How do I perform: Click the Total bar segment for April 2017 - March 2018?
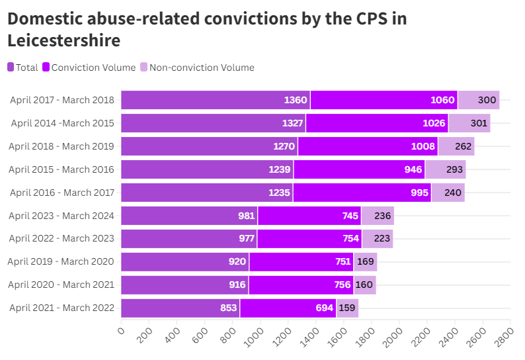[216, 100]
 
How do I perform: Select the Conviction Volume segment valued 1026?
[377, 123]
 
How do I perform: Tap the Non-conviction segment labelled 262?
[456, 146]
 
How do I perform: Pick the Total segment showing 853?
[180, 308]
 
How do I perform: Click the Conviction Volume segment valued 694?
[288, 308]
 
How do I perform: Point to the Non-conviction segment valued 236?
[378, 216]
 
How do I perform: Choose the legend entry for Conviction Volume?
[89, 67]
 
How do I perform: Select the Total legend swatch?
[11, 67]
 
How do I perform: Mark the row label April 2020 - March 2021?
[61, 285]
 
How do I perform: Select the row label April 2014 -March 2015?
[63, 123]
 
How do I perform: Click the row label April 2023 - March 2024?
[61, 215]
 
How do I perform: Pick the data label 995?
[417, 193]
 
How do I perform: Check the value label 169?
[365, 261]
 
